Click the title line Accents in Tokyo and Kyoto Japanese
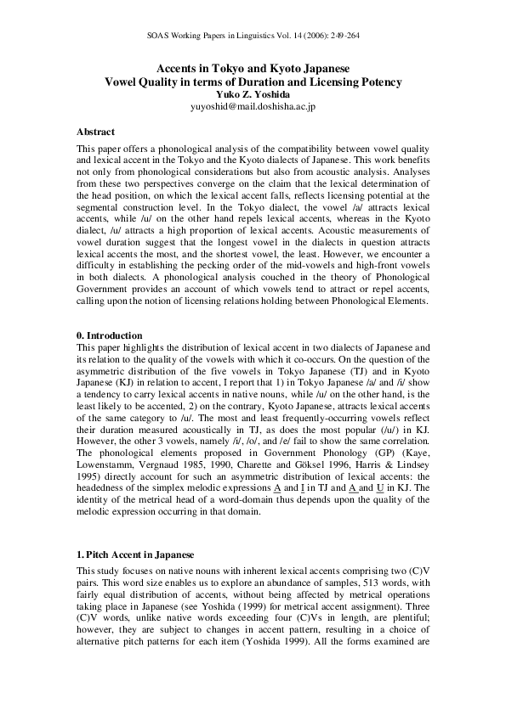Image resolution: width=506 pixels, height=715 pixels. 253,69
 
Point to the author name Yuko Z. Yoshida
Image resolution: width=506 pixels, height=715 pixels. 253,95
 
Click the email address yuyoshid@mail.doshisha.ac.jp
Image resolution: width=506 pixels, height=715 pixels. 253,108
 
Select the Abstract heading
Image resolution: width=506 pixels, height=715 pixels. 95,132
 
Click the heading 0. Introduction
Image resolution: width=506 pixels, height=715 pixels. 110,336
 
